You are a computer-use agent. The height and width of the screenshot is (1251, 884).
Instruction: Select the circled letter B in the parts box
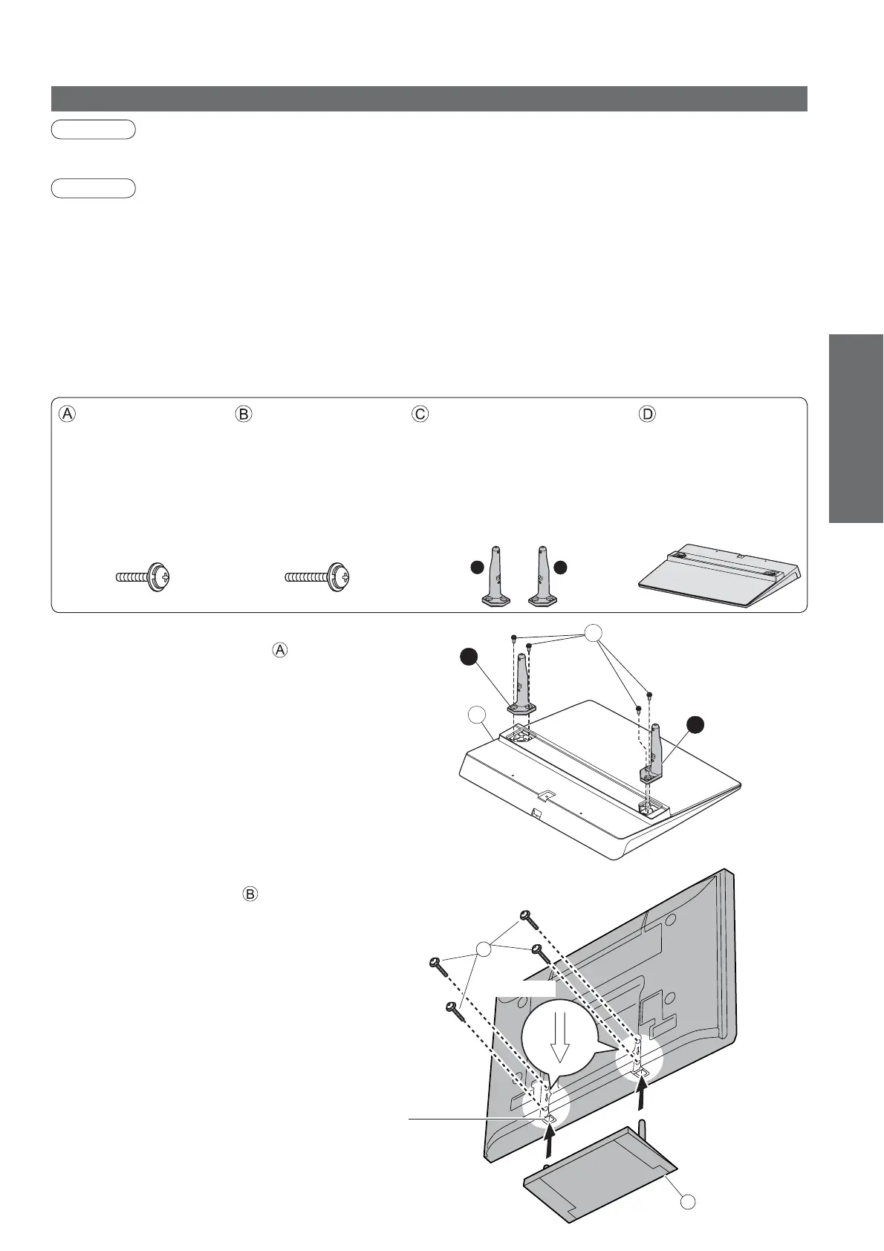tap(244, 415)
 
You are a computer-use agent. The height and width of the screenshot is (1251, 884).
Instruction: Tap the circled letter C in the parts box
tap(420, 415)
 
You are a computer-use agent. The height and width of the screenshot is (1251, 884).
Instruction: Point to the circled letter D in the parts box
tap(648, 415)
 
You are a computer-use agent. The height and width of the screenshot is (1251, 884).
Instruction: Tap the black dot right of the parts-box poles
tap(561, 568)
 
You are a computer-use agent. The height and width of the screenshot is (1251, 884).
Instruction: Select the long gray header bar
tap(429, 98)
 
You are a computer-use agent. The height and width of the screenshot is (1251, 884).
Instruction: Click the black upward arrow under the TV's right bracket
tap(643, 1092)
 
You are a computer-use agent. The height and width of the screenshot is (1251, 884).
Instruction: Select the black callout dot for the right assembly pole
tap(695, 725)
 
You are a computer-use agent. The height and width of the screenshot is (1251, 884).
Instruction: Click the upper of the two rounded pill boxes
tap(93, 129)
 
